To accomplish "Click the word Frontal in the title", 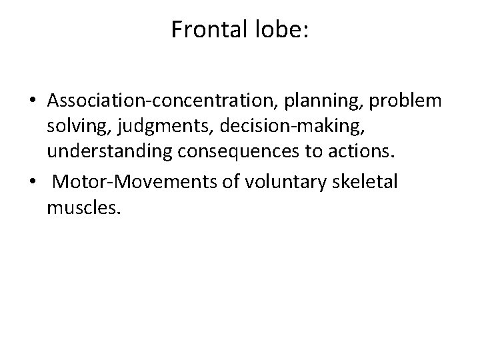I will click(203, 29).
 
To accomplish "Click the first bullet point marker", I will click(32, 101).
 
